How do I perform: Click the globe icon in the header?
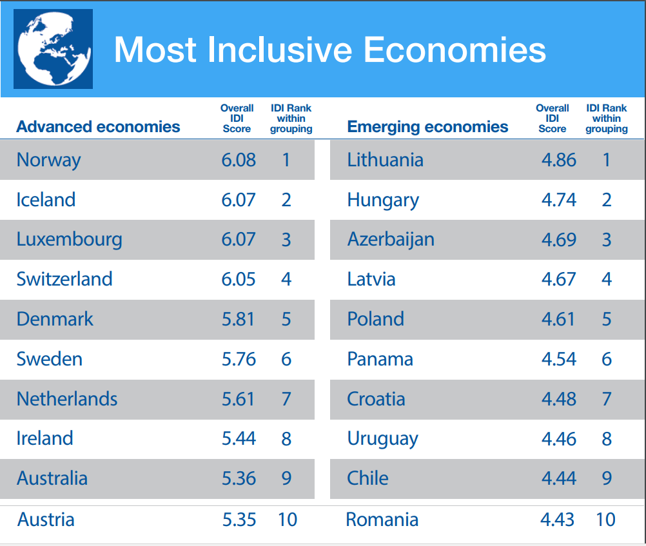(x=53, y=49)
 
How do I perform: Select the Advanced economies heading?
(x=98, y=126)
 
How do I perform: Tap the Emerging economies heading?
(x=427, y=126)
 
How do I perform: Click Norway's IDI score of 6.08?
(x=239, y=159)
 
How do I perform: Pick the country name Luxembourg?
(x=69, y=239)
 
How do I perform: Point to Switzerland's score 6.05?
(x=239, y=279)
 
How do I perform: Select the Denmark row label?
(x=55, y=319)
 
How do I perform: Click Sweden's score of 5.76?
(x=239, y=359)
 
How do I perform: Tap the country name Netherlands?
(x=67, y=399)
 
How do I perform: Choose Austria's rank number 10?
(x=287, y=520)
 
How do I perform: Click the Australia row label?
(x=52, y=478)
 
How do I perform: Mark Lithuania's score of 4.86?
(x=559, y=159)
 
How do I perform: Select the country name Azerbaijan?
(x=391, y=239)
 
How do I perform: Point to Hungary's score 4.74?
(x=559, y=199)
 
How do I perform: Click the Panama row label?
(x=380, y=359)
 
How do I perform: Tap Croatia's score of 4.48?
(x=559, y=399)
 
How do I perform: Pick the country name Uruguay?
(x=382, y=439)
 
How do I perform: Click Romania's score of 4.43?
(x=558, y=520)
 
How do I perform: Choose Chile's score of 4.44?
(x=559, y=478)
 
